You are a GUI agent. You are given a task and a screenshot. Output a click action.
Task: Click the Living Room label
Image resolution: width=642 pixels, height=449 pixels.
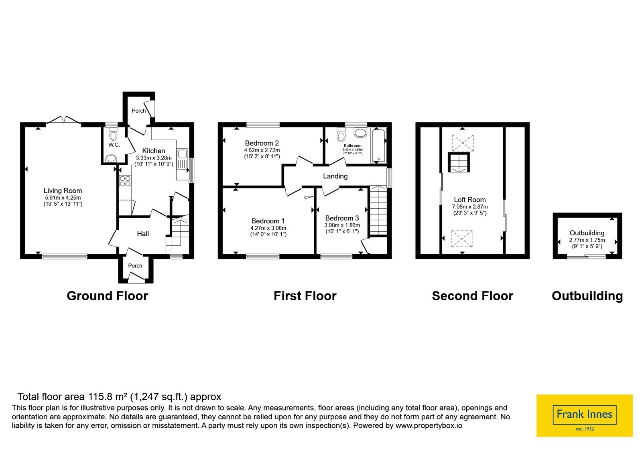coord(63,190)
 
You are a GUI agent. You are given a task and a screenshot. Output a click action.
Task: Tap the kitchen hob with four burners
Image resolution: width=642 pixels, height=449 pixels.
coord(125,181)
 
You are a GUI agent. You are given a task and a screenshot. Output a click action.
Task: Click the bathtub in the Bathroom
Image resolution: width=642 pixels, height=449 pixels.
coord(378,146)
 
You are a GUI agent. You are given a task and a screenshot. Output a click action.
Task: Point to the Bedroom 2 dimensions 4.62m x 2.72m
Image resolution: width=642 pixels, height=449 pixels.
coord(262,150)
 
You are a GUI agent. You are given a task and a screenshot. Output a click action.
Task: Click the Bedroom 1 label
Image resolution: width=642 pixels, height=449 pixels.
coord(268,221)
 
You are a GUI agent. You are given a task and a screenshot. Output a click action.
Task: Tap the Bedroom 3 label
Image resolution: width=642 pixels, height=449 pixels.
coord(342,218)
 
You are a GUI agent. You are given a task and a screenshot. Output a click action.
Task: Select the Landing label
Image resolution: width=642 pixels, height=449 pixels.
coord(335,176)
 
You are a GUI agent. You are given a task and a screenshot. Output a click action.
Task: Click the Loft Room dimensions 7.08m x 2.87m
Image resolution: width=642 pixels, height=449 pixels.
coord(470,206)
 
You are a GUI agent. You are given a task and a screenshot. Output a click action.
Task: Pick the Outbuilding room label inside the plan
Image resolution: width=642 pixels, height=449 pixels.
coord(587,233)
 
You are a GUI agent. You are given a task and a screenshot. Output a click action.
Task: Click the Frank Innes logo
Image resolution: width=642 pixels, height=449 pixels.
coord(584,415)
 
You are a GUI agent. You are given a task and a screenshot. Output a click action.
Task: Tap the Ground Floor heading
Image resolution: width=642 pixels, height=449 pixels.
coord(108,296)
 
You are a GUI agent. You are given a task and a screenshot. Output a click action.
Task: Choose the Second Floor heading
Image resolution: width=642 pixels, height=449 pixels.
coord(473,296)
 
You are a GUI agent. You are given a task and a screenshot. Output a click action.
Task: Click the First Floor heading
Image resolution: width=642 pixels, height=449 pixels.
coord(305,296)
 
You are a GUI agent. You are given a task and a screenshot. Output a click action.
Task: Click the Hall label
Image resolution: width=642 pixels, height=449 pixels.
coord(143,234)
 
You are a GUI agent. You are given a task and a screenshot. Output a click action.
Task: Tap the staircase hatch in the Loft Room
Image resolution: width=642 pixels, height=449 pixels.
coord(459,162)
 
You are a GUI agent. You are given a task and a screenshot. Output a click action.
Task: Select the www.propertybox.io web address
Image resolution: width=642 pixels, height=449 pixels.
coord(429,425)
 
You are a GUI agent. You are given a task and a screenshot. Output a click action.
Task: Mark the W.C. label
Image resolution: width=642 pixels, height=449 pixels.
coord(114,145)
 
